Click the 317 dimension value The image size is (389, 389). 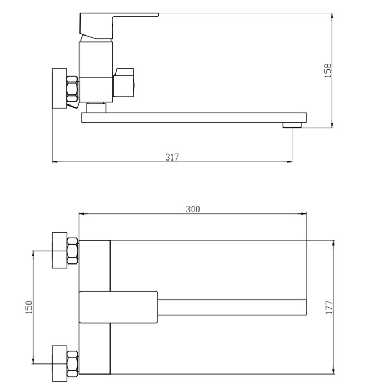tap(172, 157)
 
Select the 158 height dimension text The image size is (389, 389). tap(328, 71)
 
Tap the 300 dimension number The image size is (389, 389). tap(193, 210)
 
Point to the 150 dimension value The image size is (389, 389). tap(29, 307)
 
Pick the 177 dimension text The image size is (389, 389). tap(329, 307)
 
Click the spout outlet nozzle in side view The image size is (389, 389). tap(292, 125)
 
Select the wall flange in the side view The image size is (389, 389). tap(59, 88)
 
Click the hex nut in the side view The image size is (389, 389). tap(73, 89)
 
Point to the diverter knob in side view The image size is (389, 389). tap(124, 83)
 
